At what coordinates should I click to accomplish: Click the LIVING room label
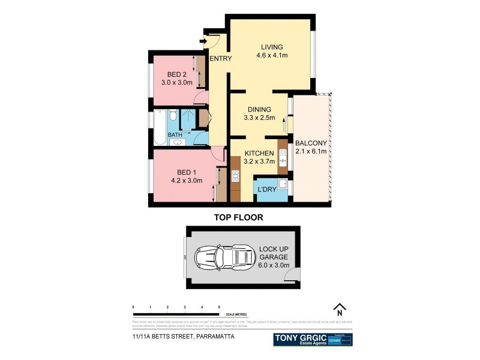(x=272, y=47)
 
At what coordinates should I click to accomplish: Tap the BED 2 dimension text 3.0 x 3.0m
(x=176, y=83)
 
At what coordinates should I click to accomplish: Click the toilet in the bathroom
(x=172, y=115)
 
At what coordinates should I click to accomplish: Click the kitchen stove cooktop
(x=235, y=176)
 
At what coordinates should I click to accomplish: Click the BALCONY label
(x=311, y=143)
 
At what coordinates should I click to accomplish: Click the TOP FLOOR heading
(x=239, y=218)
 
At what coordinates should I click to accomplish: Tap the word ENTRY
(x=220, y=58)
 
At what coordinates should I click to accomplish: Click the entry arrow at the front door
(x=203, y=41)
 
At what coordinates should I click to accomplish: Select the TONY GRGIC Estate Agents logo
(x=299, y=339)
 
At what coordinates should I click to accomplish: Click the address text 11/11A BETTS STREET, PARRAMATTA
(x=184, y=337)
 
